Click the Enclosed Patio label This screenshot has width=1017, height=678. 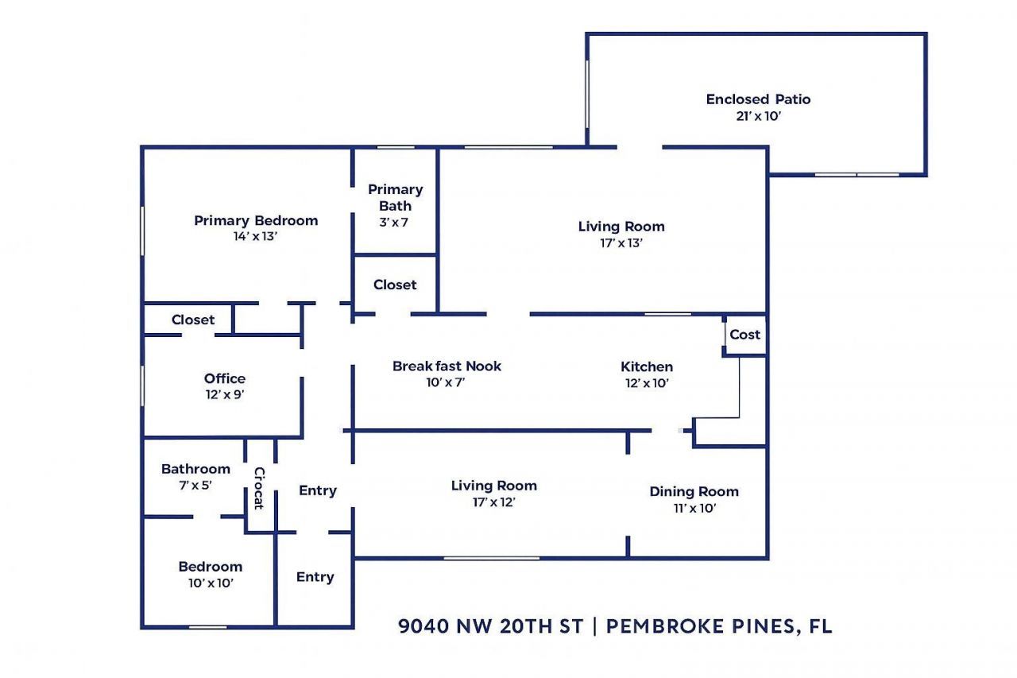[x=758, y=99]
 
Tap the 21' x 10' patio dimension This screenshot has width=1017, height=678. [x=758, y=116]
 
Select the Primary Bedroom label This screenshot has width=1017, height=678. [x=256, y=220]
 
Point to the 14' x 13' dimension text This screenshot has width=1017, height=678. [x=256, y=237]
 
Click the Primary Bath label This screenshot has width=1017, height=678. [x=395, y=197]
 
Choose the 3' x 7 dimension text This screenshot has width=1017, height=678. [x=394, y=223]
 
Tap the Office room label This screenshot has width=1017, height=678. [x=225, y=378]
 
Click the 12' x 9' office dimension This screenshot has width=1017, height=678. [x=225, y=394]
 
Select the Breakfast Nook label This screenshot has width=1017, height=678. [x=447, y=366]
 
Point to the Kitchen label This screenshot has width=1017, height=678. [x=647, y=366]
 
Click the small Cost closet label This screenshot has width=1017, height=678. [x=744, y=335]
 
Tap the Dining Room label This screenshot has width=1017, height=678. [x=694, y=491]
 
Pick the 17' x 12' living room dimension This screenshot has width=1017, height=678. [x=493, y=502]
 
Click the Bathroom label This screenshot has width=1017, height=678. [x=195, y=469]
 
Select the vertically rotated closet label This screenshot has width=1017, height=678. [x=259, y=488]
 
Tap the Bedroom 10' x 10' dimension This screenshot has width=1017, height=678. [x=210, y=583]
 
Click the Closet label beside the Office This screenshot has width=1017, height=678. [x=193, y=320]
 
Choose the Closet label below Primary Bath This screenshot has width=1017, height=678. [x=395, y=285]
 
